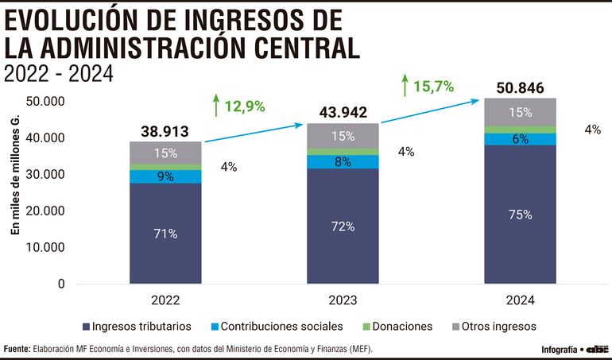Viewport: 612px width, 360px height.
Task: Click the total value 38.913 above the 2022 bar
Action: pos(165,131)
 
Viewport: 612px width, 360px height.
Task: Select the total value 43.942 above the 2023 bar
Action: pos(343,113)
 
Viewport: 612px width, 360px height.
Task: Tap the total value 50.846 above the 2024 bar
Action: pos(520,87)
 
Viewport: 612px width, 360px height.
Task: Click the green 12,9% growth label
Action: pos(238,105)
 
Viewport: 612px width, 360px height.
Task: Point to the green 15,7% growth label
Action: pos(427,86)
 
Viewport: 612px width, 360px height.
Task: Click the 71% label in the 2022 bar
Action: pos(165,234)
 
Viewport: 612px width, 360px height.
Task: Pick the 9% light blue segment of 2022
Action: pos(165,176)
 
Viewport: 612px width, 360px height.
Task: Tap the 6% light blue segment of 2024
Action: pos(520,139)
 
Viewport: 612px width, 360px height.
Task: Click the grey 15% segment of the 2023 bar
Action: pos(343,136)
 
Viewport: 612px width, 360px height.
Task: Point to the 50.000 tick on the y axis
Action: pos(45,102)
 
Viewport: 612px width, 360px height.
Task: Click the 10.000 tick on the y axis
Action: pos(45,247)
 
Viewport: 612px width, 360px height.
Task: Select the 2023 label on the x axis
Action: pos(343,300)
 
